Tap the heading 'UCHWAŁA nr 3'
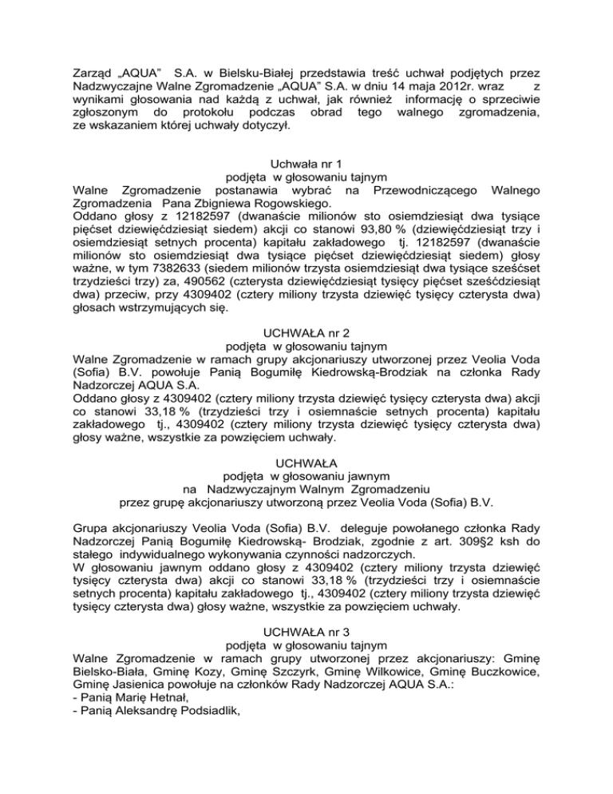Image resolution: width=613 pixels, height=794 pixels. [306, 627]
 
